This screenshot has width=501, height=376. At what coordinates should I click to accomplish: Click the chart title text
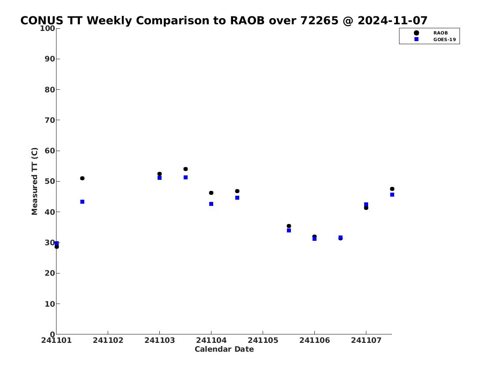(224, 20)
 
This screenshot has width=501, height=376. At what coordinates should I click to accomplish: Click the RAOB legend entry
(431, 33)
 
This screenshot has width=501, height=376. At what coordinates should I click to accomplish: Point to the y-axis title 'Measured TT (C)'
(34, 181)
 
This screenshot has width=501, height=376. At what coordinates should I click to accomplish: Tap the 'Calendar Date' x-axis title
(224, 349)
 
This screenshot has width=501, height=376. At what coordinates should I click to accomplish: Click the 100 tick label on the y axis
(47, 28)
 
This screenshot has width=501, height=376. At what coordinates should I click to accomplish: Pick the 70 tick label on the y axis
(50, 120)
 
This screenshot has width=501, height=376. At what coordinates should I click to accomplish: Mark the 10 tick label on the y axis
(50, 304)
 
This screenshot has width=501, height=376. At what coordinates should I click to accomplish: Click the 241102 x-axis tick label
(108, 340)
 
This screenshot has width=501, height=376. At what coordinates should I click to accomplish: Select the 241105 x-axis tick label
(263, 340)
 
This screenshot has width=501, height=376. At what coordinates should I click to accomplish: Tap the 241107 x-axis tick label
(366, 340)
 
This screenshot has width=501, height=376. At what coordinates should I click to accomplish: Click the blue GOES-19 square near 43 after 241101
(83, 202)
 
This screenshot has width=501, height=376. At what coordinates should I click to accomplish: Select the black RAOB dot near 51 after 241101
(82, 178)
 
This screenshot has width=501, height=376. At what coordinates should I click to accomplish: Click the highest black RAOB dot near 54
(186, 169)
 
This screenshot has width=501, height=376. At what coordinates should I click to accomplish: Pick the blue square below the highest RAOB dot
(186, 178)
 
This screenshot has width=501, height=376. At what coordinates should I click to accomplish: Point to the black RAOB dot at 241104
(211, 193)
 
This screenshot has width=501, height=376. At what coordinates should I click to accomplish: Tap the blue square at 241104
(211, 204)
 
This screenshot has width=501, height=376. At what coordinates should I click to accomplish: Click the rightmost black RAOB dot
(392, 189)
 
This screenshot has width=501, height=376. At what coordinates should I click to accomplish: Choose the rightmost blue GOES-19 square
(392, 195)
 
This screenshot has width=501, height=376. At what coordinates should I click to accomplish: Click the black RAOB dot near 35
(289, 226)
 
